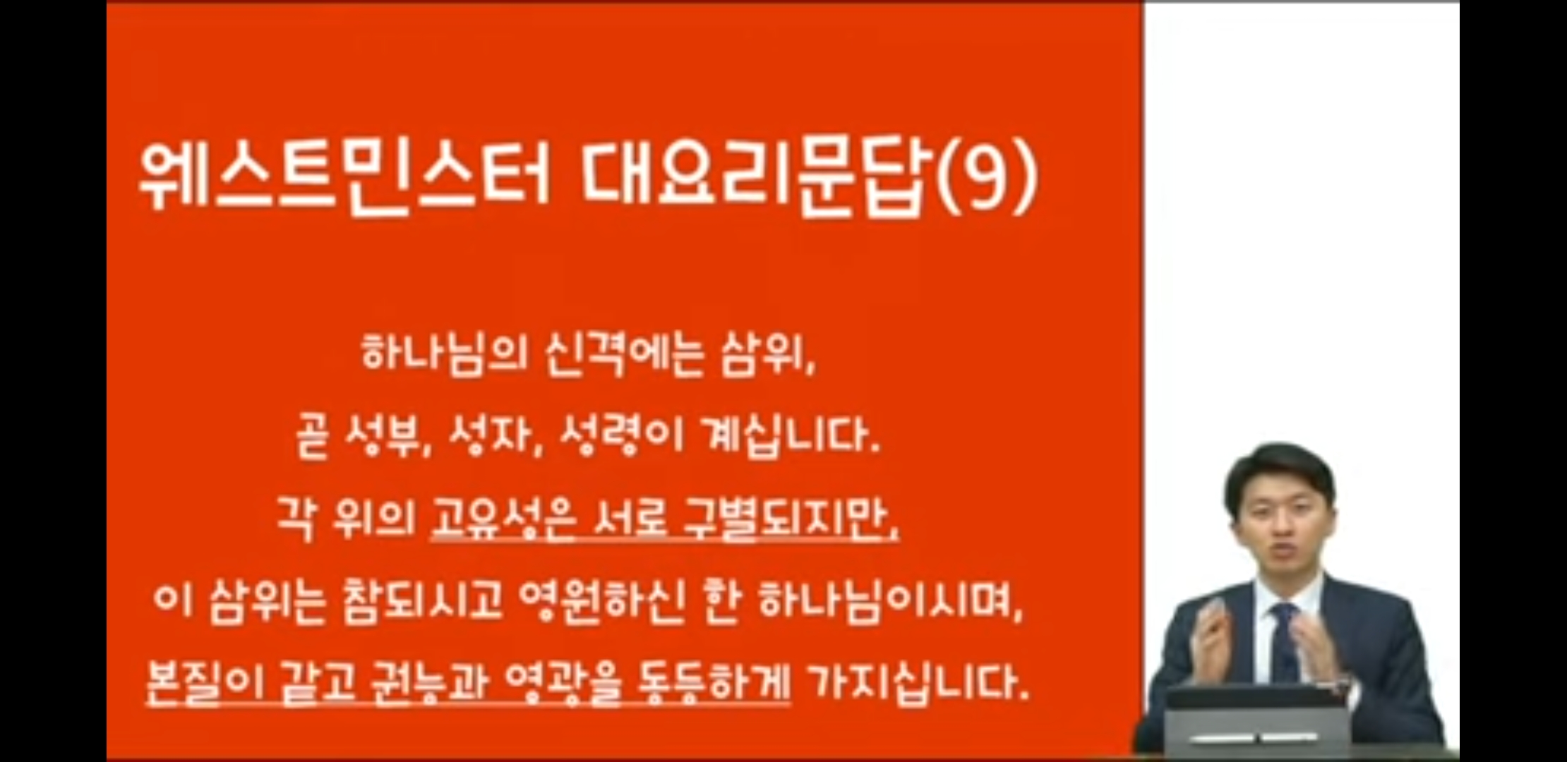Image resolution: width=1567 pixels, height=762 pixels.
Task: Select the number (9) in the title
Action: [x=988, y=178]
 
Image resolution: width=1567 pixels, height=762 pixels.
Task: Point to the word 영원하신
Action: [x=601, y=603]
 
